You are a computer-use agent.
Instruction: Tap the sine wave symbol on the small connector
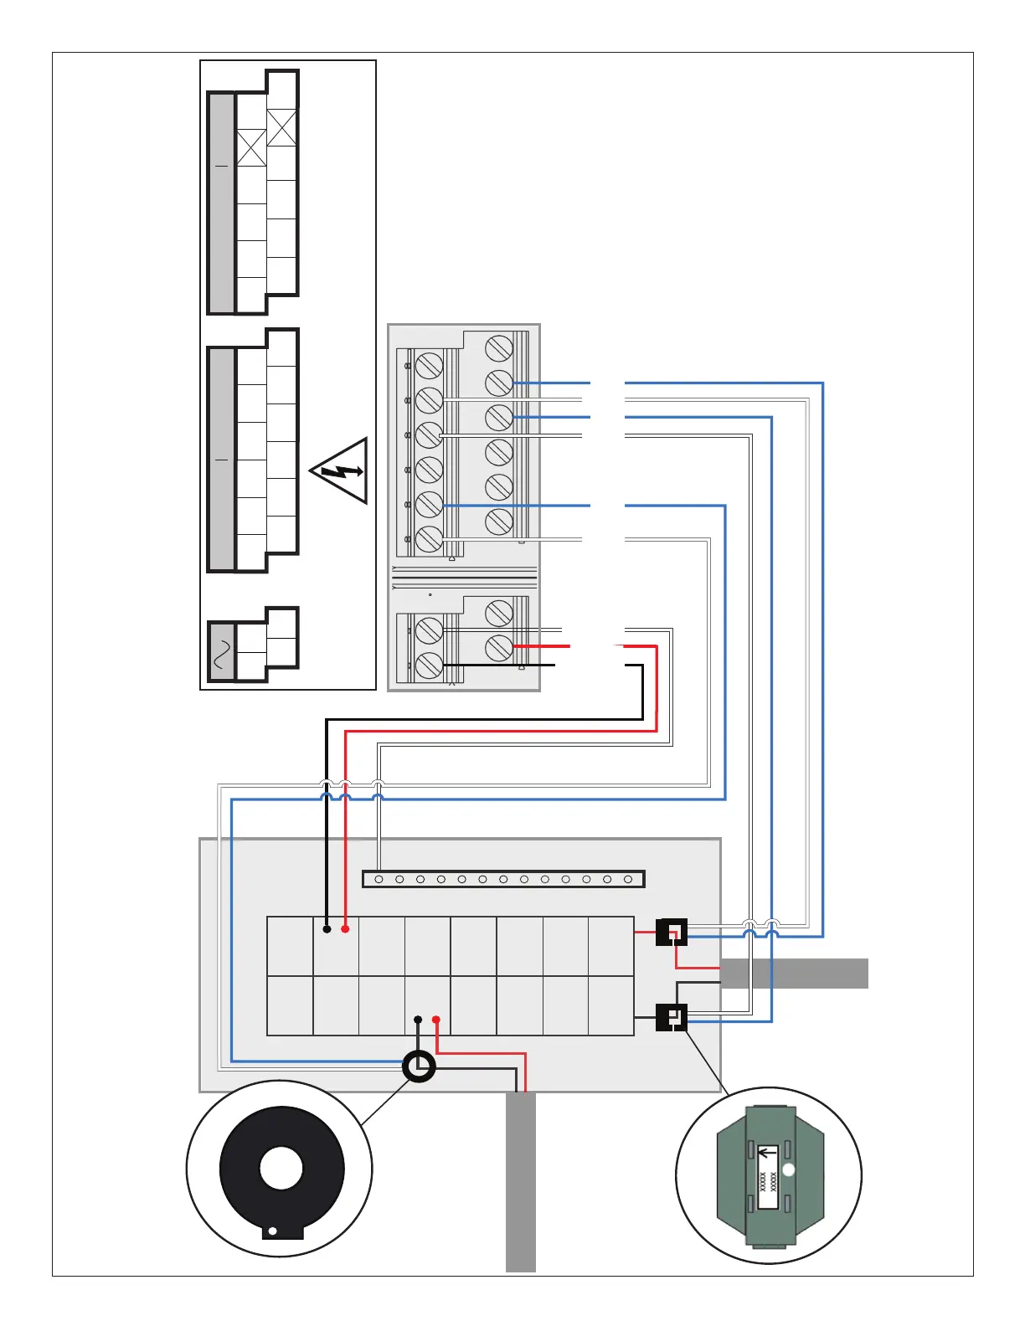[x=222, y=653]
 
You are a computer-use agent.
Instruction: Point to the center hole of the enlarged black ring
[x=281, y=1169]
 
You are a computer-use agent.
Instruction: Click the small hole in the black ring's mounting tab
[x=272, y=1231]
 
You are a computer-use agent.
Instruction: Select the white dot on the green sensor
[x=788, y=1169]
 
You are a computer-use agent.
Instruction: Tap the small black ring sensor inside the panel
[x=419, y=1066]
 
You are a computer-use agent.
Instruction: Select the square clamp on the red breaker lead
[x=672, y=932]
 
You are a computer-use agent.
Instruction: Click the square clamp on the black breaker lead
[x=672, y=1017]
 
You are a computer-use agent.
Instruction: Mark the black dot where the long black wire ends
[x=327, y=929]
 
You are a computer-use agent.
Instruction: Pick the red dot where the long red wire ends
[x=345, y=929]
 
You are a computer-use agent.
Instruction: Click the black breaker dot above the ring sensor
[x=418, y=1020]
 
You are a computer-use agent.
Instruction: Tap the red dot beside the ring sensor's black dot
[x=436, y=1020]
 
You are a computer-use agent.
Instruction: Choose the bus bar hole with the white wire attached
[x=379, y=879]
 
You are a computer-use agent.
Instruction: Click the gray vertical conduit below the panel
[x=520, y=1180]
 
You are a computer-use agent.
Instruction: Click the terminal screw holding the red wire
[x=499, y=646]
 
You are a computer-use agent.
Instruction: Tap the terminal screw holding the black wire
[x=429, y=665]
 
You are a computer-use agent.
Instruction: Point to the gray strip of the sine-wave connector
[x=222, y=652]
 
